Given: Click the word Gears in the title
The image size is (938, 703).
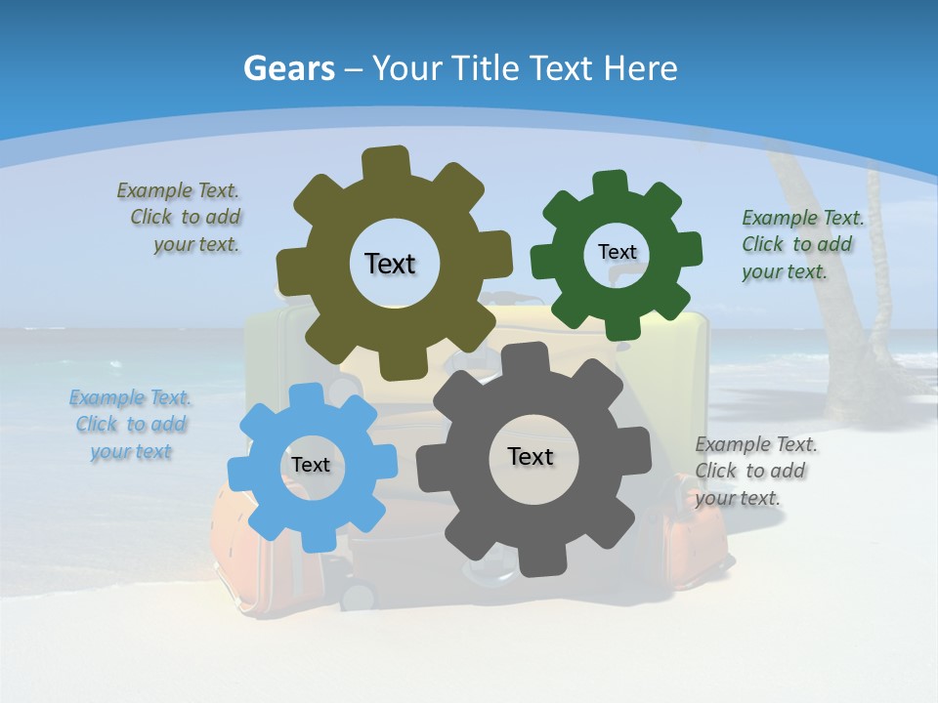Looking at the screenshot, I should pos(288,68).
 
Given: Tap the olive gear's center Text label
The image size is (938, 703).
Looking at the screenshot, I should pos(390,264).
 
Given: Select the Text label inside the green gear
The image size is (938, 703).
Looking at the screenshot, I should pos(617,252).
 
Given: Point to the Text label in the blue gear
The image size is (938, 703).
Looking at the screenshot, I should pos(311,465).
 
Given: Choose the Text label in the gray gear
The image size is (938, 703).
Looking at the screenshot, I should pos(531,456).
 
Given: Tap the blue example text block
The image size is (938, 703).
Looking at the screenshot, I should pos(131,425).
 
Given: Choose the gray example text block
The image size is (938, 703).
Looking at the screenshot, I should pos(754,471).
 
